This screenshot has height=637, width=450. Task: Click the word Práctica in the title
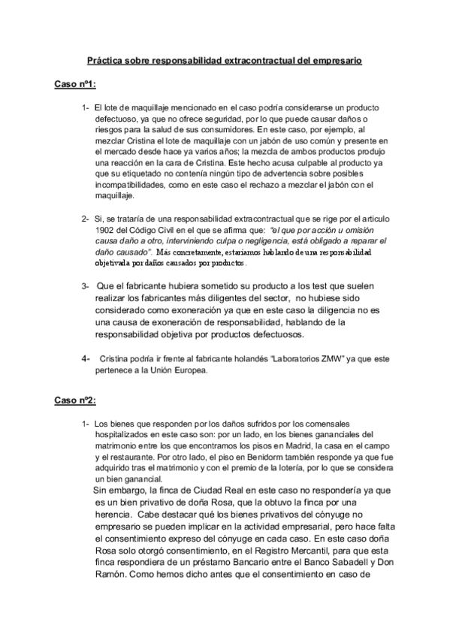[104, 59]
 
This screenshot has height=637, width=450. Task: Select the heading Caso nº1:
[75, 84]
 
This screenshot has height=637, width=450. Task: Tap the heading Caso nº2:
[75, 400]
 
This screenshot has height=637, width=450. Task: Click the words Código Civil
[149, 230]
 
